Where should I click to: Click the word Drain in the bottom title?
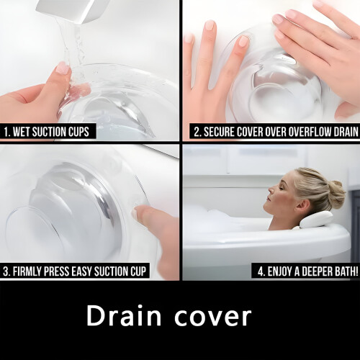124,315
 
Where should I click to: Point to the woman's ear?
302,206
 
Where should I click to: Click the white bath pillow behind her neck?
316,220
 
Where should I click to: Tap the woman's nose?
271,190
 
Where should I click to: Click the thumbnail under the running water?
63,68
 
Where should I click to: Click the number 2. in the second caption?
197,132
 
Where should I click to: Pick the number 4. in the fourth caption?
261,271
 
